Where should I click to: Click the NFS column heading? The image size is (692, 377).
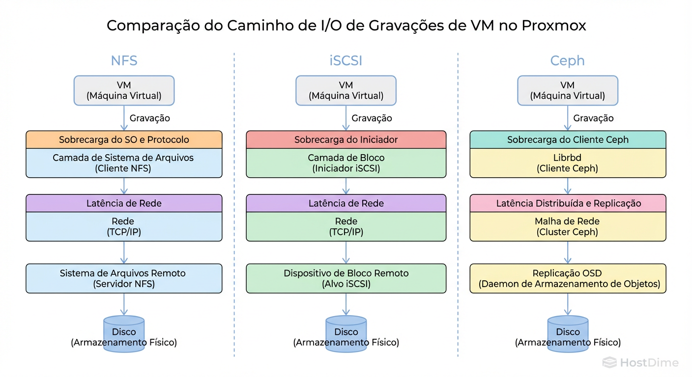pyautogui.click(x=124, y=60)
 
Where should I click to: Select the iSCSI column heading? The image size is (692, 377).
pyautogui.click(x=346, y=60)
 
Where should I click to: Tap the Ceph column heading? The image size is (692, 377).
pyautogui.click(x=567, y=60)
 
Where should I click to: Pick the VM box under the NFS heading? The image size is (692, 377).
pyautogui.click(x=124, y=90)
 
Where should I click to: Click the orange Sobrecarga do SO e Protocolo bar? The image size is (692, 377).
pyautogui.click(x=124, y=139)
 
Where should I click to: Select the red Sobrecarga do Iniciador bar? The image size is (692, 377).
pyautogui.click(x=346, y=139)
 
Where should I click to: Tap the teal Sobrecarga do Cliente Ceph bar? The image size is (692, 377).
pyautogui.click(x=568, y=139)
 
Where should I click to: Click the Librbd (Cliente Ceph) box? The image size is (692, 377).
pyautogui.click(x=568, y=163)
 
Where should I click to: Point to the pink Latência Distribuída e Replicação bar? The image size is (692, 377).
pyautogui.click(x=568, y=203)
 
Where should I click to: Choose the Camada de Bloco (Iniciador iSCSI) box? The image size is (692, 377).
pyautogui.click(x=346, y=163)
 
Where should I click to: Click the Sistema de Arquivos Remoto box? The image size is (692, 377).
pyautogui.click(x=124, y=278)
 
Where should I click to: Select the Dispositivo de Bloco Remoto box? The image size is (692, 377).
pyautogui.click(x=346, y=278)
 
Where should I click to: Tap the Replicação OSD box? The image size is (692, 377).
pyautogui.click(x=568, y=278)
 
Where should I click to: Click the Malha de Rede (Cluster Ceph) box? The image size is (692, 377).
pyautogui.click(x=568, y=226)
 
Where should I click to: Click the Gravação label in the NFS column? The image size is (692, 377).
pyautogui.click(x=149, y=118)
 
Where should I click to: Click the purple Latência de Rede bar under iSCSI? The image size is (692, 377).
pyautogui.click(x=346, y=203)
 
